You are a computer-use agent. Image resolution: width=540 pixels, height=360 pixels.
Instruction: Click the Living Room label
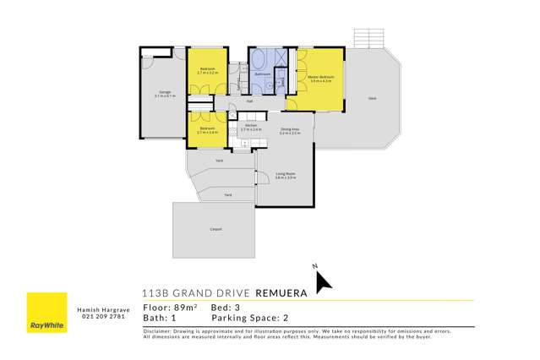pyautogui.click(x=284, y=175)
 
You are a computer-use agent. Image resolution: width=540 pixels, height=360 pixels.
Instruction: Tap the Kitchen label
pyautogui.click(x=251, y=127)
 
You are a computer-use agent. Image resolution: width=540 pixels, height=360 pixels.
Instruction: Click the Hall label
pyautogui.click(x=250, y=101)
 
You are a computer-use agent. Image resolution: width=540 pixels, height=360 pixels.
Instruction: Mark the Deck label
pyautogui.click(x=372, y=100)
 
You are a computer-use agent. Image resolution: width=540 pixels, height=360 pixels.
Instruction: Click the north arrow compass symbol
pyautogui.click(x=324, y=281)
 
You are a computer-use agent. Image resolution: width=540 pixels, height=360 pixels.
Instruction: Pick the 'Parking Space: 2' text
pyautogui.click(x=245, y=319)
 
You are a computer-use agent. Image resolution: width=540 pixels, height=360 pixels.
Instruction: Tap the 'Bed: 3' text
pyautogui.click(x=229, y=308)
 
